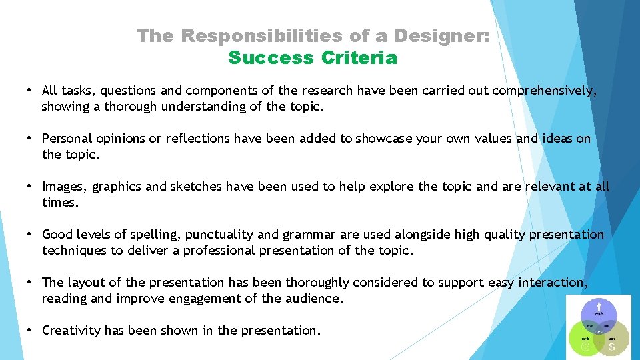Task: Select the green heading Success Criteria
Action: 313,58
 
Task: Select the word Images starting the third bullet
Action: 63,187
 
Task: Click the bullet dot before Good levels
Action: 30,234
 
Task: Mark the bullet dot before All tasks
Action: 30,90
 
